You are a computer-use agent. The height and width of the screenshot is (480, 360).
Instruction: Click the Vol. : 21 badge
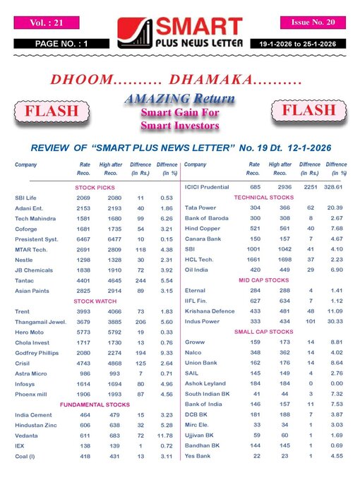47,23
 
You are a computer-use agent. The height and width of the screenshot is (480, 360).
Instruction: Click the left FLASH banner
51,112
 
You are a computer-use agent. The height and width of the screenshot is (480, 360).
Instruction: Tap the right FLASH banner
308,111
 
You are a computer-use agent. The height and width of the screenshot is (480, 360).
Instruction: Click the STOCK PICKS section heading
96,188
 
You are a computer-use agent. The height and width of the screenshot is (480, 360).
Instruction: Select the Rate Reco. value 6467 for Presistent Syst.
85,240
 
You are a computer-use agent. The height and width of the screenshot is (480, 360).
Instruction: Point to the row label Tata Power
200,208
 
